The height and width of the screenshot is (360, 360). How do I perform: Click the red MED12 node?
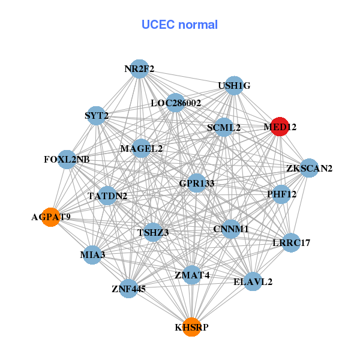tap(280, 127)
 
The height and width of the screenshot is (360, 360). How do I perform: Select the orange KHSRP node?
tap(191, 327)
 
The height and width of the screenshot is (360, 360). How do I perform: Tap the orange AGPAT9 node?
tap(51, 217)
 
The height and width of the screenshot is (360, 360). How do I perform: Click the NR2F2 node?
tap(139, 69)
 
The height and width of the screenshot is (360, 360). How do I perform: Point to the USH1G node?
tap(234, 86)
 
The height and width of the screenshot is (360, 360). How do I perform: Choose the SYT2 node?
tap(97, 116)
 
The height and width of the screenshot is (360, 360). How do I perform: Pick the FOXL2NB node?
tap(67, 160)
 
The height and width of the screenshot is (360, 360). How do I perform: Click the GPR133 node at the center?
tap(197, 183)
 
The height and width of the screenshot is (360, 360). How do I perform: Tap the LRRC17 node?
tap(291, 243)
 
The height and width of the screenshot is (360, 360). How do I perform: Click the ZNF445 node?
tap(128, 289)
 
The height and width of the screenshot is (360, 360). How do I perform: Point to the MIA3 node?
tap(92, 255)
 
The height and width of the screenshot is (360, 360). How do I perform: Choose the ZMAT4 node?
tap(192, 275)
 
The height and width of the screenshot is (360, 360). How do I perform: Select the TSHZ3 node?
tap(153, 232)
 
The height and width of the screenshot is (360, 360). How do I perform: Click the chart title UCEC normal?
tap(179, 25)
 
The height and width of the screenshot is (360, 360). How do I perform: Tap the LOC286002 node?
tap(175, 103)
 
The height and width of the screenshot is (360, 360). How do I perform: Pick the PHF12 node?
tap(281, 194)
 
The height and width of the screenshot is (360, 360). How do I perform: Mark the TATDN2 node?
tap(107, 196)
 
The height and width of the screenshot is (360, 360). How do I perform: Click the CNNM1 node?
tap(231, 229)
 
